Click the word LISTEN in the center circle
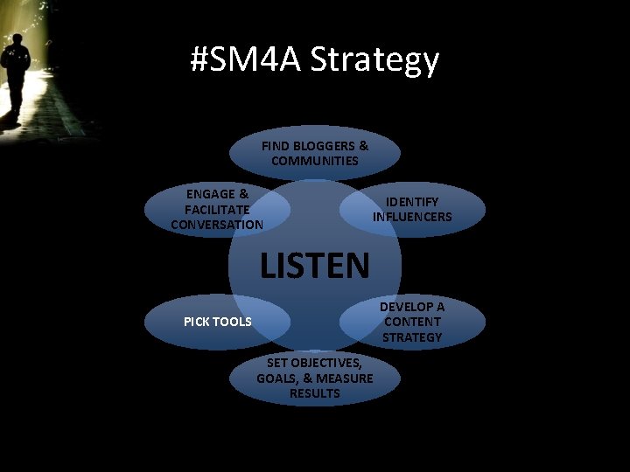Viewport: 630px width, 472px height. pyautogui.click(x=315, y=264)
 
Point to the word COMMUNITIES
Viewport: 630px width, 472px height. pyautogui.click(x=315, y=161)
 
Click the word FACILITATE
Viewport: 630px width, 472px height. pyautogui.click(x=217, y=209)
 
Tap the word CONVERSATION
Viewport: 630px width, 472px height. pyautogui.click(x=217, y=225)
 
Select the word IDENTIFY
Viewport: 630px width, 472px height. pyautogui.click(x=412, y=202)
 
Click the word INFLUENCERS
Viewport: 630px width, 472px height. pyautogui.click(x=412, y=217)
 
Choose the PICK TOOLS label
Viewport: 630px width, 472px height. pyautogui.click(x=217, y=322)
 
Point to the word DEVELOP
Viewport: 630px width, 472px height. pyautogui.click(x=412, y=307)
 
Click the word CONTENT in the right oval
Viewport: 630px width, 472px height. pyautogui.click(x=412, y=322)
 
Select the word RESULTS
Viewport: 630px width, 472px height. pyautogui.click(x=315, y=393)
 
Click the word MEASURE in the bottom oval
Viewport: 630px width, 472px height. pyautogui.click(x=345, y=378)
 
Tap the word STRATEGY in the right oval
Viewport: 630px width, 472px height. pyautogui.click(x=412, y=337)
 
